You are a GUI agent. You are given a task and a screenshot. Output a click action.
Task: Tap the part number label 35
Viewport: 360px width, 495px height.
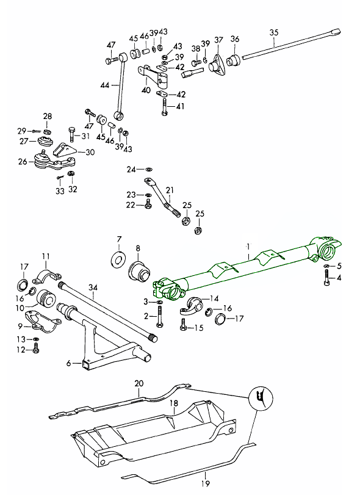click(274, 32)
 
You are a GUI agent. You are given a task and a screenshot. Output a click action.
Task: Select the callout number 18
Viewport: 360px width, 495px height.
click(174, 403)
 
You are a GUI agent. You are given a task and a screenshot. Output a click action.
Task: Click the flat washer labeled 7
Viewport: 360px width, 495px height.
click(118, 260)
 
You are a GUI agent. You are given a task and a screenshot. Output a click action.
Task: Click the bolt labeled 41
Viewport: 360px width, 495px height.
click(164, 107)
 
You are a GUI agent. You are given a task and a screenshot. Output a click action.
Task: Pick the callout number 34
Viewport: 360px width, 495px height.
click(93, 287)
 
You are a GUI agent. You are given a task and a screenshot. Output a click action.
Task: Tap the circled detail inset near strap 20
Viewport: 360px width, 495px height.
click(261, 399)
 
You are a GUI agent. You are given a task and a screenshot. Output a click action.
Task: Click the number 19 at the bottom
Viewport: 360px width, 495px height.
click(206, 483)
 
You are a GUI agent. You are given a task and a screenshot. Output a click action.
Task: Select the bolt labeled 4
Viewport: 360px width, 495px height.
click(326, 278)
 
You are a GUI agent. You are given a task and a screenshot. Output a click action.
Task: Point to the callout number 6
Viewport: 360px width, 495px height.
click(69, 363)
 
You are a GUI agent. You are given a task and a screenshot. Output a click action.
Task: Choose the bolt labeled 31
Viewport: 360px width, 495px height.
click(71, 134)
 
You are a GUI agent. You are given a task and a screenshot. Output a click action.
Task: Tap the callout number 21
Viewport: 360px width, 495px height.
click(170, 190)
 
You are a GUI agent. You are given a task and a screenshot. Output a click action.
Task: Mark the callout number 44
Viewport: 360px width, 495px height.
click(105, 85)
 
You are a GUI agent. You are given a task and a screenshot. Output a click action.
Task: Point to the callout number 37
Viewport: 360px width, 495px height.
click(218, 40)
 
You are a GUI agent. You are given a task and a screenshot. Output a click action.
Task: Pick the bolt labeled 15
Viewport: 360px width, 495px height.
click(183, 325)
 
